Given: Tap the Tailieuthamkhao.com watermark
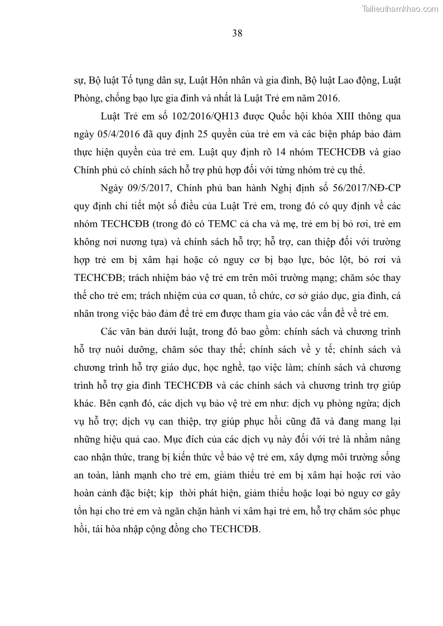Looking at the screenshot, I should point(401,8).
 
